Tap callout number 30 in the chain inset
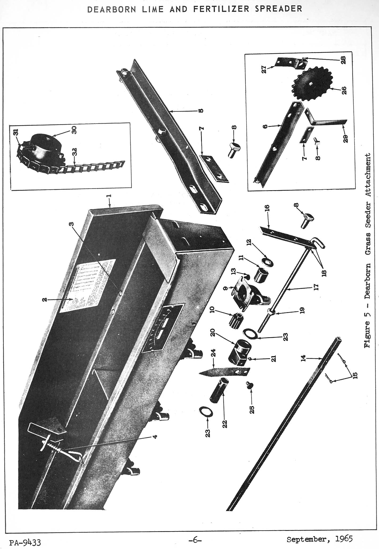point(74,130)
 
